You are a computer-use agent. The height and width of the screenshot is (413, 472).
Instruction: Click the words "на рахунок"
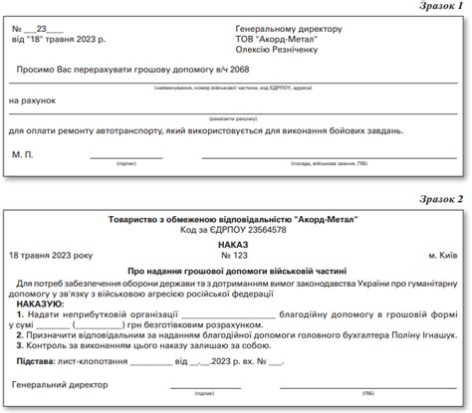coord(35,102)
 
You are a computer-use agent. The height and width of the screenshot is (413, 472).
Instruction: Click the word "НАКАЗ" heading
coord(235,242)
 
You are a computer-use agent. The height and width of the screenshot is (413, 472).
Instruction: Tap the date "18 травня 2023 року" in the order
coord(61,255)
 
